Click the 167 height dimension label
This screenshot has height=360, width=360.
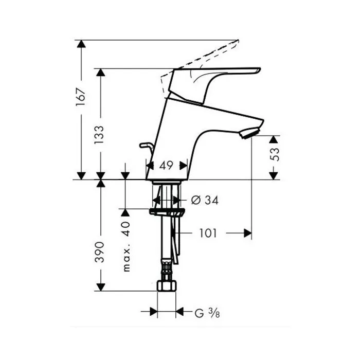coord(81,97)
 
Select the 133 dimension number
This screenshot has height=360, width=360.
coord(99,135)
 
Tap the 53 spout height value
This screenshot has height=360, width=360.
coord(275,154)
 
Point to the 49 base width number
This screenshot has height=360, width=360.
coord(166,165)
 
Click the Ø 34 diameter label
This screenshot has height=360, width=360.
coord(205,200)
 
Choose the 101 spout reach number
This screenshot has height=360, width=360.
coord(208,233)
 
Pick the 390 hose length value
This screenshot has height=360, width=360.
coord(100,252)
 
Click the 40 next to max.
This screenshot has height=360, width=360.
coord(126,229)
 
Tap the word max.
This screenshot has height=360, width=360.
coord(127,258)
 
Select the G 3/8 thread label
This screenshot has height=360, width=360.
coord(207,313)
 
